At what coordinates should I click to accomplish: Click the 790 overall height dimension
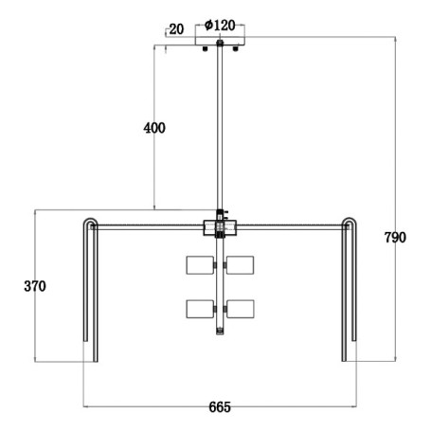click(395, 238)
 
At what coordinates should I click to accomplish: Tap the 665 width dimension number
click(220, 407)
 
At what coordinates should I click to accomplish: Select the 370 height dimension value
click(35, 286)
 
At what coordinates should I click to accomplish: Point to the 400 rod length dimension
click(154, 128)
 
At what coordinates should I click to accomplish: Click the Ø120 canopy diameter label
click(220, 26)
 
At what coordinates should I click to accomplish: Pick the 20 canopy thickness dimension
click(176, 29)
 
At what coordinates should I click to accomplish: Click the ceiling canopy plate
click(220, 41)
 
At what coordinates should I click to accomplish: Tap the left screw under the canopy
click(205, 48)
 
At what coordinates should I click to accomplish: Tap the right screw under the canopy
click(235, 48)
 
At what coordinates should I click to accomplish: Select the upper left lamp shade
click(200, 265)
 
